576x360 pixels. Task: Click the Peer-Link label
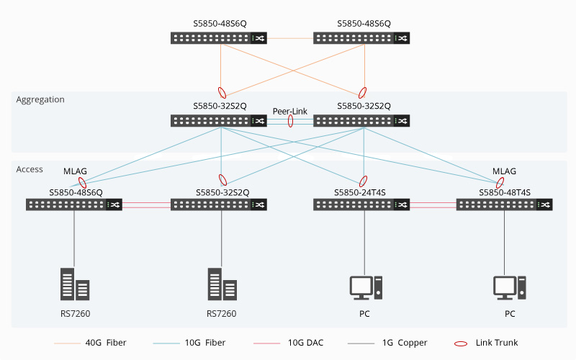coord(290,112)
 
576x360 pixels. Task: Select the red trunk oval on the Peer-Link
coord(291,121)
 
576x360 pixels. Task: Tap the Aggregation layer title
coord(40,99)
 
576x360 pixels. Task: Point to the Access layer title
coord(30,169)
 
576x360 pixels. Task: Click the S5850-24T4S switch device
coord(361,204)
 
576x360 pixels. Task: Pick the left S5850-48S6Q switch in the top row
coord(219,38)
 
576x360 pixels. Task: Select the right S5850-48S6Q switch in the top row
coord(363,38)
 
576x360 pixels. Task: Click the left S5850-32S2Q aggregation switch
coord(219,120)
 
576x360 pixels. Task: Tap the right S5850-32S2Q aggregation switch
coord(363,120)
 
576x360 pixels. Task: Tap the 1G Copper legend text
coord(405,343)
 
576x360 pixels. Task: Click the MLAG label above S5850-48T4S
coord(504,171)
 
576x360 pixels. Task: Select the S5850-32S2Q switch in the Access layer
coord(219,204)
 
